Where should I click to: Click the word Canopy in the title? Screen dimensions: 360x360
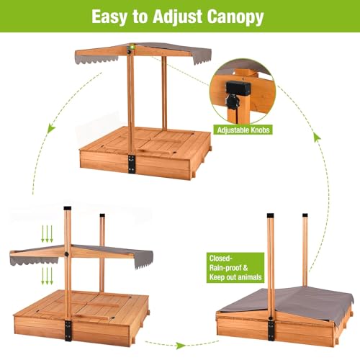[235, 17]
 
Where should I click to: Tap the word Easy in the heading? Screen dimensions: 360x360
[109, 17]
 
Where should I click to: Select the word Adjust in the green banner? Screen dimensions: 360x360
[178, 17]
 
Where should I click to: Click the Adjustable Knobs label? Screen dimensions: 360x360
[243, 130]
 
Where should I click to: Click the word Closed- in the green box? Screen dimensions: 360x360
[220, 258]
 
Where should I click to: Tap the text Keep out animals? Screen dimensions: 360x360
[235, 277]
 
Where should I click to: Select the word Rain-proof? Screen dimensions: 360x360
[225, 268]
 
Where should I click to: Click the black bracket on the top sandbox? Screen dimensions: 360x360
[131, 164]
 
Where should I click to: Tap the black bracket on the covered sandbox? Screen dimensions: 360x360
[271, 328]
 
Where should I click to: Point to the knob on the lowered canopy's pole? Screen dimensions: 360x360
[66, 254]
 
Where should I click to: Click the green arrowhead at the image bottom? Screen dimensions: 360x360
[179, 346]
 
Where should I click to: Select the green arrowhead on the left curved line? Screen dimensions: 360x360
[51, 128]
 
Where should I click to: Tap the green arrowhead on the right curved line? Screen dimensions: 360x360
[318, 138]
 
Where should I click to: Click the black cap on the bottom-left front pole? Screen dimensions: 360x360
[68, 208]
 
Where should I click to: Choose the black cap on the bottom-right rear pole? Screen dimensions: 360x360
[305, 215]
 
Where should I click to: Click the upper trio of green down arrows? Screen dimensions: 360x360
[47, 234]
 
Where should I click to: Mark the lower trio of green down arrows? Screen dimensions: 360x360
[47, 276]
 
